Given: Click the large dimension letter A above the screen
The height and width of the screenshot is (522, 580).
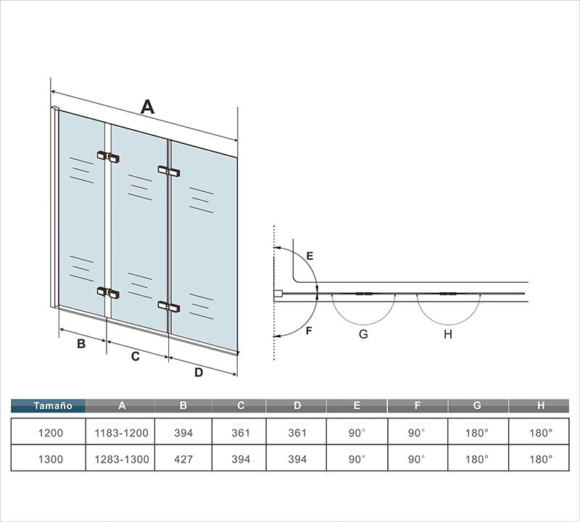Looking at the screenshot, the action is pos(147,107).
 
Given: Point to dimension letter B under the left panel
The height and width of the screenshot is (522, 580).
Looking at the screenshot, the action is pos(81,344).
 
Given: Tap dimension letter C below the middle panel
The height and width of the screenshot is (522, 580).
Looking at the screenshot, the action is pos(136,356).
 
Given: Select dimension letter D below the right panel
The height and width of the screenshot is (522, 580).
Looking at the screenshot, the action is pos(199,372).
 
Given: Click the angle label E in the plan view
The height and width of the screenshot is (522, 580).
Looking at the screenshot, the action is pos(310,256).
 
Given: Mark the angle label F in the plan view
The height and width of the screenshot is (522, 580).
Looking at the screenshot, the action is pos(309,331).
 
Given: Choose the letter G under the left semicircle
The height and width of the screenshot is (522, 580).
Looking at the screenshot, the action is pos(363,334).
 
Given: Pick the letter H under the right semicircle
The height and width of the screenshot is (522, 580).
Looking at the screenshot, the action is pos(448,334).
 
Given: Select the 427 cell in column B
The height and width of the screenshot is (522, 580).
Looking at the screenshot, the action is pos(183,459).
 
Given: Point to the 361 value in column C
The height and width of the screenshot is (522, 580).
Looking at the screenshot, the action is pos(241,433).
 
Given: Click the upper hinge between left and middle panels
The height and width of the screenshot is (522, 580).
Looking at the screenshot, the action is pos(108,157).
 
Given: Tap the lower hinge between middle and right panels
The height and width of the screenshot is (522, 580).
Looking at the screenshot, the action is pos(169,307).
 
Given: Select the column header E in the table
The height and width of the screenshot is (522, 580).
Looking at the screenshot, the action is pos(357,406).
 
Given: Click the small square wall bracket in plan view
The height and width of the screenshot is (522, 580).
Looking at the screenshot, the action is pos(278,294).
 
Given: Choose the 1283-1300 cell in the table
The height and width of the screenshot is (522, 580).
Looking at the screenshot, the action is pos(120,459).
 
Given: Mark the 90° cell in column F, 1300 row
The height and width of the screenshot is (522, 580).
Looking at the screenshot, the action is pos(418,459).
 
